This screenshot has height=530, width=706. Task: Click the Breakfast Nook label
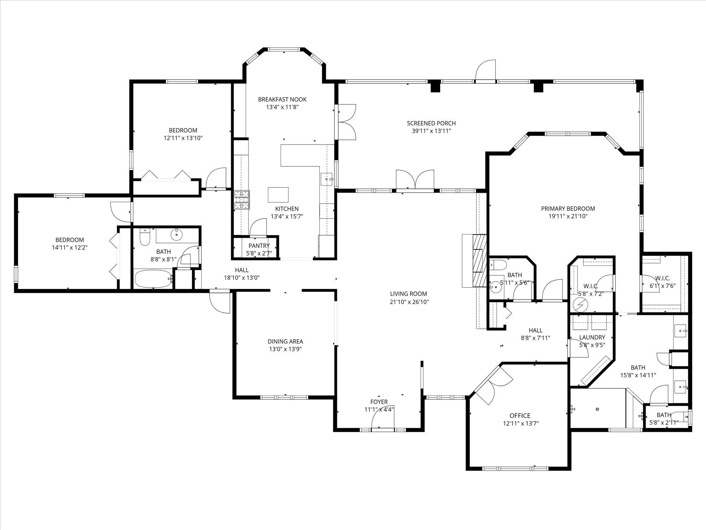tap(282, 99)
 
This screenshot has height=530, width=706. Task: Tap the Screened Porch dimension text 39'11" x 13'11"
tap(431, 131)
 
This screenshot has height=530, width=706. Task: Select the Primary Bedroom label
tap(568, 208)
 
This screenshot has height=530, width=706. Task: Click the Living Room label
tap(408, 294)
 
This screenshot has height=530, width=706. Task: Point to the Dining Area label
tap(285, 341)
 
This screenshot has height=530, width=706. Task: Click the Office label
tap(520, 416)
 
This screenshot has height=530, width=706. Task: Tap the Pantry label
tap(259, 246)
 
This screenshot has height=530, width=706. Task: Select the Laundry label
tap(592, 337)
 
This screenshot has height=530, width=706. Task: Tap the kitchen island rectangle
tap(278, 195)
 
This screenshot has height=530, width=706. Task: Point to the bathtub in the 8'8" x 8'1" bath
tap(153, 279)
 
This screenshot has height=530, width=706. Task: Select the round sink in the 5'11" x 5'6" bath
tap(496, 287)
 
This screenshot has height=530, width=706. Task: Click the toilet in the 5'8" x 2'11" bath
tap(681, 417)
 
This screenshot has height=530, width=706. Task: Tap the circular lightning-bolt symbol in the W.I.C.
tap(579, 304)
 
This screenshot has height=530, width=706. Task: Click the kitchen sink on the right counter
tap(327, 179)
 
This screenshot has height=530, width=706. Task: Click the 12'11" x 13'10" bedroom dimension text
tap(183, 138)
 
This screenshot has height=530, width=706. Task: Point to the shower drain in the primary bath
tap(597, 409)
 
